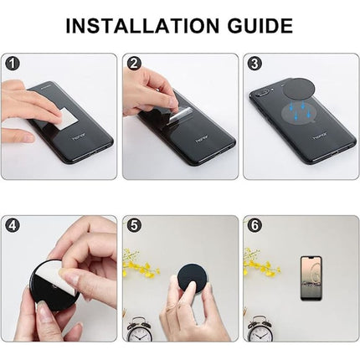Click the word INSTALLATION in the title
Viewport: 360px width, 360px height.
142,25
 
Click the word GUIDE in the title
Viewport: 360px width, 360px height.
260,25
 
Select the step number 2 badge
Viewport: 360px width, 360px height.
134,64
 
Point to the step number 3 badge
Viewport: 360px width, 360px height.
255,64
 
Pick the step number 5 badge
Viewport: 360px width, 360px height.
134,225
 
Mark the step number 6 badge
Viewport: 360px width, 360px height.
255,225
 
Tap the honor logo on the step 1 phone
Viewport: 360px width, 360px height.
80,136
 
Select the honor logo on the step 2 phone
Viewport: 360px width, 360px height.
202,137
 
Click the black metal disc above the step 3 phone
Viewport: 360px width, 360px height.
299,89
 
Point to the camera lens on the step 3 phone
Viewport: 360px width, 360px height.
264,94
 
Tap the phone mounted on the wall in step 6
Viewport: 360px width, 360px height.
311,279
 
